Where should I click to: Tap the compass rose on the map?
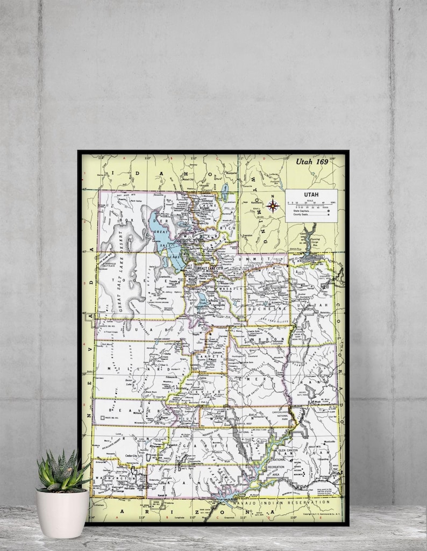point(273,204)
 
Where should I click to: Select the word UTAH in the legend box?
point(311,195)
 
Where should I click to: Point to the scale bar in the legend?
point(311,205)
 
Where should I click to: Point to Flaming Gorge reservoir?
point(310,237)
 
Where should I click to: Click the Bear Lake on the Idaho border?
point(224,190)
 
